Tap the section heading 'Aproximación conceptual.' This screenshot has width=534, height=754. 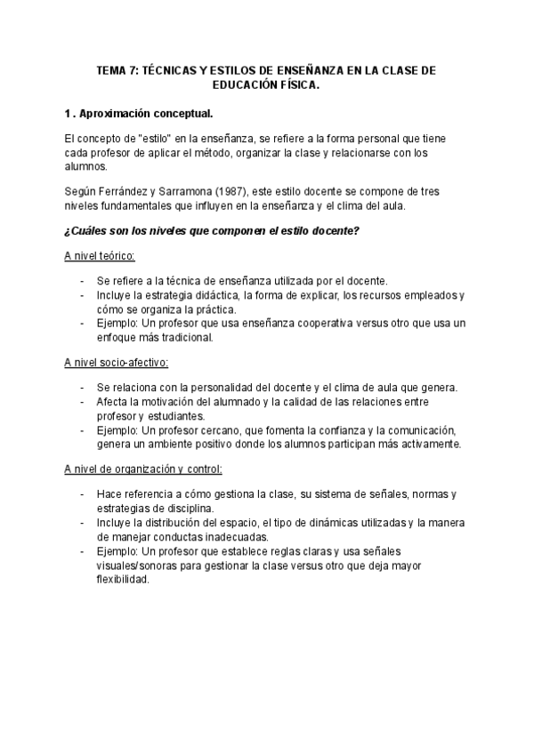pos(147,114)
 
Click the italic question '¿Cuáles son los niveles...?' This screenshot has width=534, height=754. pos(212,231)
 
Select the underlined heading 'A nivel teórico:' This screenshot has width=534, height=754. pos(100,256)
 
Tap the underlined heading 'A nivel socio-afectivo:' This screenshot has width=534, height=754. pos(117,362)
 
